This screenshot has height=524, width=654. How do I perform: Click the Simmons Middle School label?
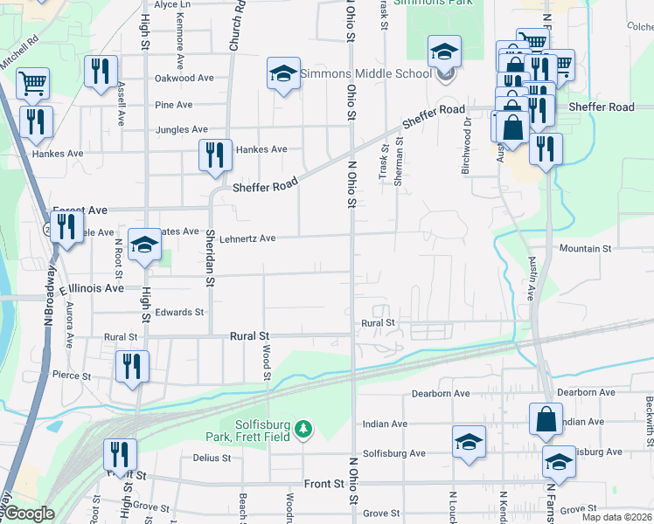point(366,74)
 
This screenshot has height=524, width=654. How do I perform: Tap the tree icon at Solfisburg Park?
point(303,428)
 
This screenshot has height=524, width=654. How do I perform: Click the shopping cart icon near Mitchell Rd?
point(32,84)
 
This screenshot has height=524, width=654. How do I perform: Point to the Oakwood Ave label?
point(184,78)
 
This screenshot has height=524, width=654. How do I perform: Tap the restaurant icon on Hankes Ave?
point(215,155)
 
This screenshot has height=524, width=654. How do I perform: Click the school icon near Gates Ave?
point(144,245)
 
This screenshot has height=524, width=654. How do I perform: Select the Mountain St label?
point(585,249)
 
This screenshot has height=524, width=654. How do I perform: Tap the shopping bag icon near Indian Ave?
point(546,419)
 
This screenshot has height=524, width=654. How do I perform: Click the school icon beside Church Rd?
point(284,74)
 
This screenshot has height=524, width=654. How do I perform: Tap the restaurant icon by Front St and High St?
point(120,454)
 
